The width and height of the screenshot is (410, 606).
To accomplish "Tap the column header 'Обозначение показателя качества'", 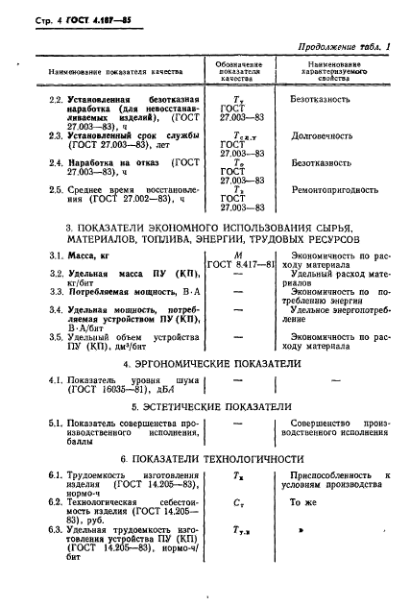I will click(x=233, y=72).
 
